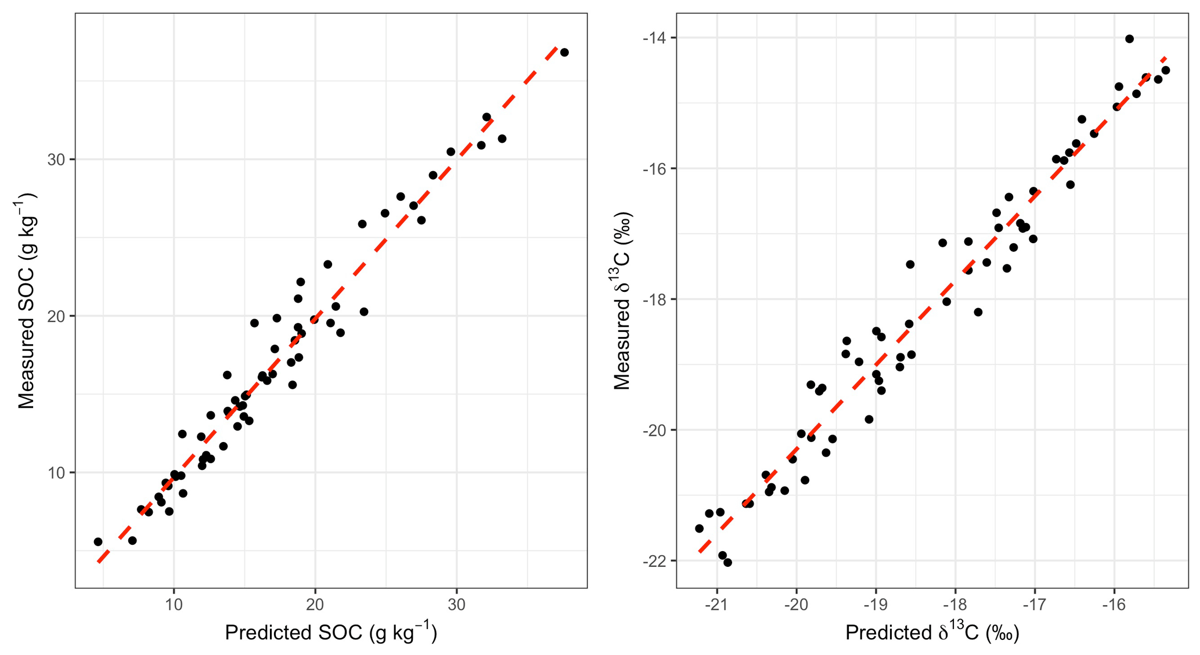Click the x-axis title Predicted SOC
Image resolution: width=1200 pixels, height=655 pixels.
pos(330,632)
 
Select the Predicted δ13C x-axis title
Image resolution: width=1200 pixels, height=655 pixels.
pos(932,632)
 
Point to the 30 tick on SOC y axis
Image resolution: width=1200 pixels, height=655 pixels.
pos(55,160)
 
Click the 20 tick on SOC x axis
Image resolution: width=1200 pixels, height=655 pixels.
pos(315,605)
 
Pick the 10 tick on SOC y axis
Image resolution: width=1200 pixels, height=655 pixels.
pos(55,473)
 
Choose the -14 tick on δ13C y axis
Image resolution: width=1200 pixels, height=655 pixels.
pos(654,38)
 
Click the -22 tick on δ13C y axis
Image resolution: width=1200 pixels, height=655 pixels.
pos(654,561)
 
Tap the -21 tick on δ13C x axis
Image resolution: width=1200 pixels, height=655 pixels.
pos(717,605)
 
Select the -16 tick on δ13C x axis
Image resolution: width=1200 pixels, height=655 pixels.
pos(1114,605)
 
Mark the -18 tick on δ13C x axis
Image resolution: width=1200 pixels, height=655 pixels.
pos(955,605)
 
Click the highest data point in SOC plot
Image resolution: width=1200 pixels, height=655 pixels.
pos(564,53)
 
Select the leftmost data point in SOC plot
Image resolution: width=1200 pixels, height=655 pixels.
pos(98,542)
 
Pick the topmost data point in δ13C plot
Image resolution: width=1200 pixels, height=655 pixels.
pos(1129,39)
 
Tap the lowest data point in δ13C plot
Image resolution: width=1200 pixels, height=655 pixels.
pos(727,562)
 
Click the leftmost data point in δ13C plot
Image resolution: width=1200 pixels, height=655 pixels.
pos(699,529)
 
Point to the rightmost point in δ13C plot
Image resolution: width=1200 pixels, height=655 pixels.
pos(1165,70)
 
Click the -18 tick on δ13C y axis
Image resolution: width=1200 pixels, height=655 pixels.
pos(654,299)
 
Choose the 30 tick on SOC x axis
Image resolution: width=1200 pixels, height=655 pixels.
pos(457,605)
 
